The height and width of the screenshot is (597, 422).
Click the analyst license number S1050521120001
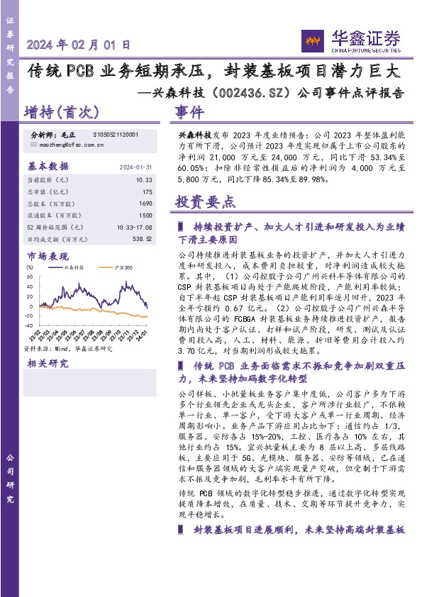tap(116, 134)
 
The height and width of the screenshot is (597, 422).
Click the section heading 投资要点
tap(206, 202)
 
